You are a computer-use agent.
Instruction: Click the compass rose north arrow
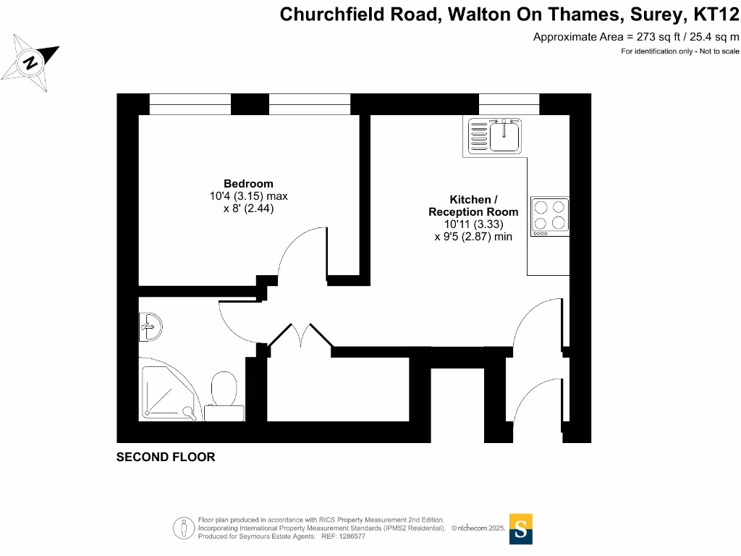(31, 62)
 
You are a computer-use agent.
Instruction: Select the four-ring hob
(549, 216)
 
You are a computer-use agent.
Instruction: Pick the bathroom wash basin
(150, 328)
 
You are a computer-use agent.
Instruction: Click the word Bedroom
(248, 184)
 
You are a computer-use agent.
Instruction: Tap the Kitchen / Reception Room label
(473, 206)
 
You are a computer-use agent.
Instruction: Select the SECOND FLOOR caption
(166, 457)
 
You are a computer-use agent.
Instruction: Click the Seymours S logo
(521, 528)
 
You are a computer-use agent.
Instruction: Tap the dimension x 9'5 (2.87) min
(473, 236)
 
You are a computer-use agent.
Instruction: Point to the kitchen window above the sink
(509, 104)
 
